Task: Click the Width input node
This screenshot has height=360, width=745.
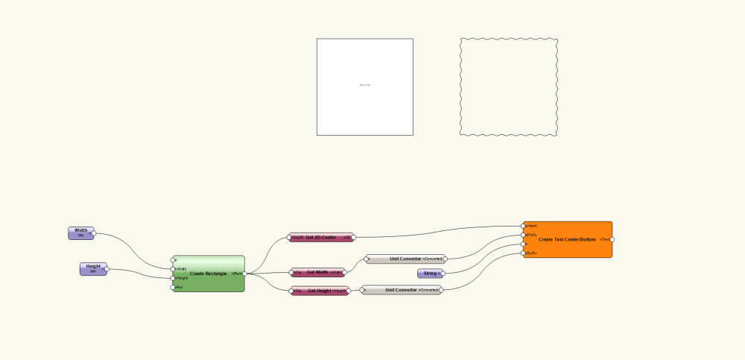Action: [80, 233]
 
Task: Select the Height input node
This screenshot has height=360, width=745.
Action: [92, 269]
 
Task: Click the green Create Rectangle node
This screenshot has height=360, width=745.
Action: [208, 274]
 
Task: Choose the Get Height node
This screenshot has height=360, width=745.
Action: [318, 291]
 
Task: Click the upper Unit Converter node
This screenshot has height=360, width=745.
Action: [405, 259]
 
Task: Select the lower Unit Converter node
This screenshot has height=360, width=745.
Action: [401, 290]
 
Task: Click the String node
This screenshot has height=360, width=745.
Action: [429, 274]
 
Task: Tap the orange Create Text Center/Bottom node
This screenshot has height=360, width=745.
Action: [568, 239]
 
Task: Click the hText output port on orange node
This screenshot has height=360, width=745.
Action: [612, 239]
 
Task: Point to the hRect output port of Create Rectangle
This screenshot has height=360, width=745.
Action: [244, 274]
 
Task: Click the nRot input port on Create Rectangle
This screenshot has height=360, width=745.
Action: [173, 287]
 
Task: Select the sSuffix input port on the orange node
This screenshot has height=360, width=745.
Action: [524, 253]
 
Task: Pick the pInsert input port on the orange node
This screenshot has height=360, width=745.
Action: [524, 225]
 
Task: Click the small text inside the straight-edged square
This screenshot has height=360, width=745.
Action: [364, 85]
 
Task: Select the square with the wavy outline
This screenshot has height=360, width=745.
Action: [509, 87]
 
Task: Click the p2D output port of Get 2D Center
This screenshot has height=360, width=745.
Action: [353, 237]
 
